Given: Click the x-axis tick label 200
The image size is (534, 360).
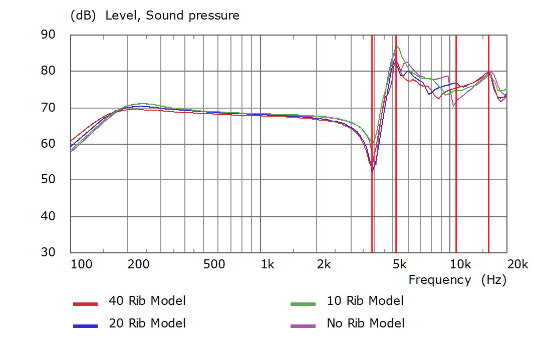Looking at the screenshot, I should click(138, 264).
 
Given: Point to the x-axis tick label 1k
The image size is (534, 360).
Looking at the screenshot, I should click(268, 264).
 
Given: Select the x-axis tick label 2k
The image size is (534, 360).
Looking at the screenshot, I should click(324, 264).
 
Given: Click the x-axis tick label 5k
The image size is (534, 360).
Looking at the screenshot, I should click(399, 264).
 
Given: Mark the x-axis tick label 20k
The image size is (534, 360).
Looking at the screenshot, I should click(517, 264).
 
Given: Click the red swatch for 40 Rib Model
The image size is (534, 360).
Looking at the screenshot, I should click(85, 303).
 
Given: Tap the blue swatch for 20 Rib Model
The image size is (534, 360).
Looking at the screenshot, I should click(85, 326).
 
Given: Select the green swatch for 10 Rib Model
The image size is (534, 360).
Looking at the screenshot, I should click(303, 303).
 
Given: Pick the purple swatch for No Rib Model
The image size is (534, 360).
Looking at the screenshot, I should click(303, 326).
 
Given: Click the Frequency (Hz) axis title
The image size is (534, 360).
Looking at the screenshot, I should click(457, 280).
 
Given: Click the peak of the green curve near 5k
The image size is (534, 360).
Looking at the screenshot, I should click(397, 46).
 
